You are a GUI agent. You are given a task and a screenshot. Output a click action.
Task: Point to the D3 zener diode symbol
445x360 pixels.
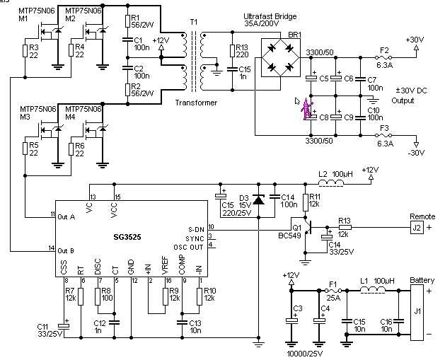[x=258, y=201]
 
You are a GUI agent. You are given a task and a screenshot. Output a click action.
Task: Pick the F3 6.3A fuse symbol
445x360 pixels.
[x=384, y=136]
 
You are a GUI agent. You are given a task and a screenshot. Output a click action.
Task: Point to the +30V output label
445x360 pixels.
[x=416, y=40]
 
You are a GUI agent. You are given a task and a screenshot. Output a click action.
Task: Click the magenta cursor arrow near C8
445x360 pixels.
[x=306, y=110]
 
